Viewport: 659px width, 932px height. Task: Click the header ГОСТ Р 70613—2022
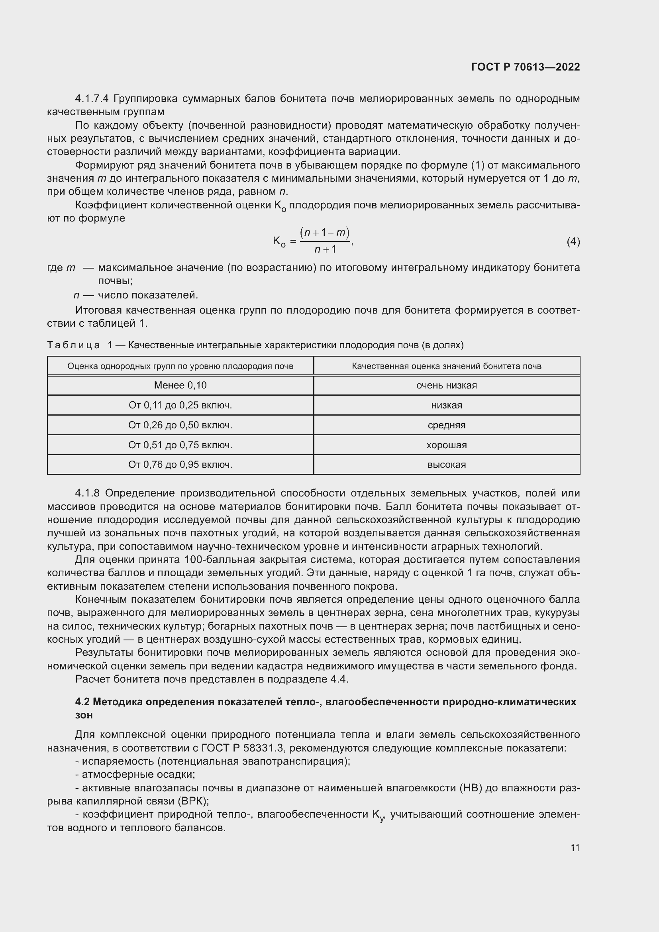pyautogui.click(x=526, y=67)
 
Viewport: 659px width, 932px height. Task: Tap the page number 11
pyautogui.click(x=575, y=848)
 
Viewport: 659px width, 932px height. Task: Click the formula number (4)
pyautogui.click(x=573, y=242)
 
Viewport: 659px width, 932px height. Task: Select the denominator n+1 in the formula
pyautogui.click(x=325, y=249)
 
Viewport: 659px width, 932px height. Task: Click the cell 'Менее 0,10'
pyautogui.click(x=180, y=385)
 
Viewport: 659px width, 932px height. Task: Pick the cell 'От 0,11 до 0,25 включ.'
pyautogui.click(x=180, y=405)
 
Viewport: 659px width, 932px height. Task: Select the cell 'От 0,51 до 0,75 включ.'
pyautogui.click(x=180, y=445)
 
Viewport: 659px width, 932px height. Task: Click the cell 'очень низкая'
pyautogui.click(x=446, y=385)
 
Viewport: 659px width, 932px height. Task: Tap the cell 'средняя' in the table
pyautogui.click(x=446, y=425)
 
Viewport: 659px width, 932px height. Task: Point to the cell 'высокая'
pyautogui.click(x=446, y=465)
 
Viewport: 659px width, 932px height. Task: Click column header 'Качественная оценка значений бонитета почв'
pyautogui.click(x=446, y=366)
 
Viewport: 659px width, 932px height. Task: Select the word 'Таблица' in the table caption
pyautogui.click(x=73, y=345)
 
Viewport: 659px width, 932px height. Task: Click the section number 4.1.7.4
pyautogui.click(x=92, y=99)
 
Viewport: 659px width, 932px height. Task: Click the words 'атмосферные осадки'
pyautogui.click(x=138, y=775)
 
